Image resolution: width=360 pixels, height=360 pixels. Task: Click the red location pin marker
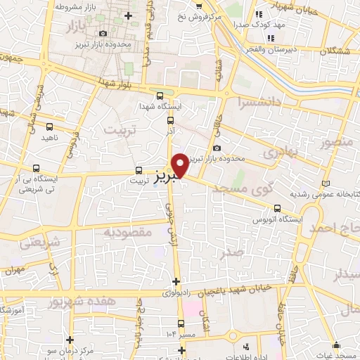pos(181,165)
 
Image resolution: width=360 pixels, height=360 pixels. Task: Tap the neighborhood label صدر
pos(231,251)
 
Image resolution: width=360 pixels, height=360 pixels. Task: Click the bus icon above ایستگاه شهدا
pos(160,96)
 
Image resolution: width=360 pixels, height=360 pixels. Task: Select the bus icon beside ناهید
pos(49,127)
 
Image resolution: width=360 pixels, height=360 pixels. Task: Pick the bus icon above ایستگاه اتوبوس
pos(278,208)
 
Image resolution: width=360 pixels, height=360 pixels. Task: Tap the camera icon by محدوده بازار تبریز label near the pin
pos(216,148)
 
